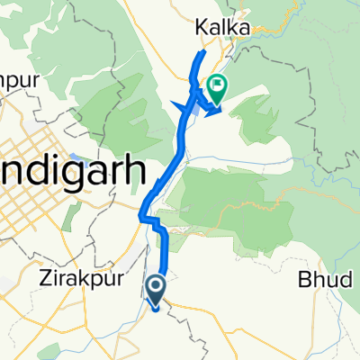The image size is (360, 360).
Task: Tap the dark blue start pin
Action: (155, 290)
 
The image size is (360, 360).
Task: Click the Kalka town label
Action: (221, 30)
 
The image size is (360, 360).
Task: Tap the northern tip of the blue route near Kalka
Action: (202, 54)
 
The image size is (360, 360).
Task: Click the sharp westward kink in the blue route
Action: (141, 216)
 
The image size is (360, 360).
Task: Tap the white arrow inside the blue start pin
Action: (155, 288)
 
